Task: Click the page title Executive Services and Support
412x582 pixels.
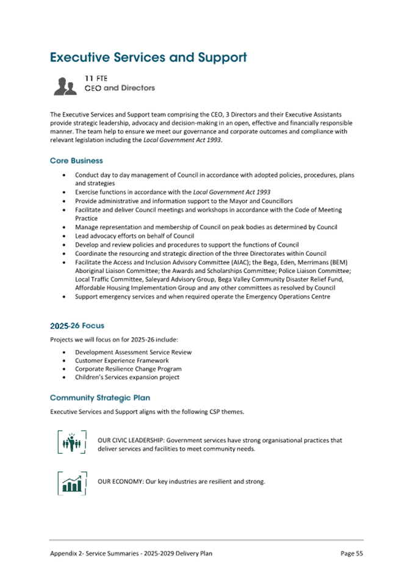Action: click(148, 57)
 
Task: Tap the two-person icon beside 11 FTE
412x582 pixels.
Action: click(65, 86)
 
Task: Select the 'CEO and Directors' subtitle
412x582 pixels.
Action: click(120, 88)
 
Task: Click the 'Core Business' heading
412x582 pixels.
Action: click(76, 161)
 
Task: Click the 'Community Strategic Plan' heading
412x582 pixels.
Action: click(100, 398)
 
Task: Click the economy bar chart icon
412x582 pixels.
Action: click(72, 482)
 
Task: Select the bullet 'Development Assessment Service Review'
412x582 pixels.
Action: click(133, 352)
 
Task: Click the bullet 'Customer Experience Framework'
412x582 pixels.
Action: click(121, 360)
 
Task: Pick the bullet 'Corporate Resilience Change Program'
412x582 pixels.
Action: click(128, 369)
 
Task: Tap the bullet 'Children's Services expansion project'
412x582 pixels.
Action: click(127, 377)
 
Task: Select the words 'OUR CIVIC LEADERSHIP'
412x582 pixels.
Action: click(130, 440)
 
